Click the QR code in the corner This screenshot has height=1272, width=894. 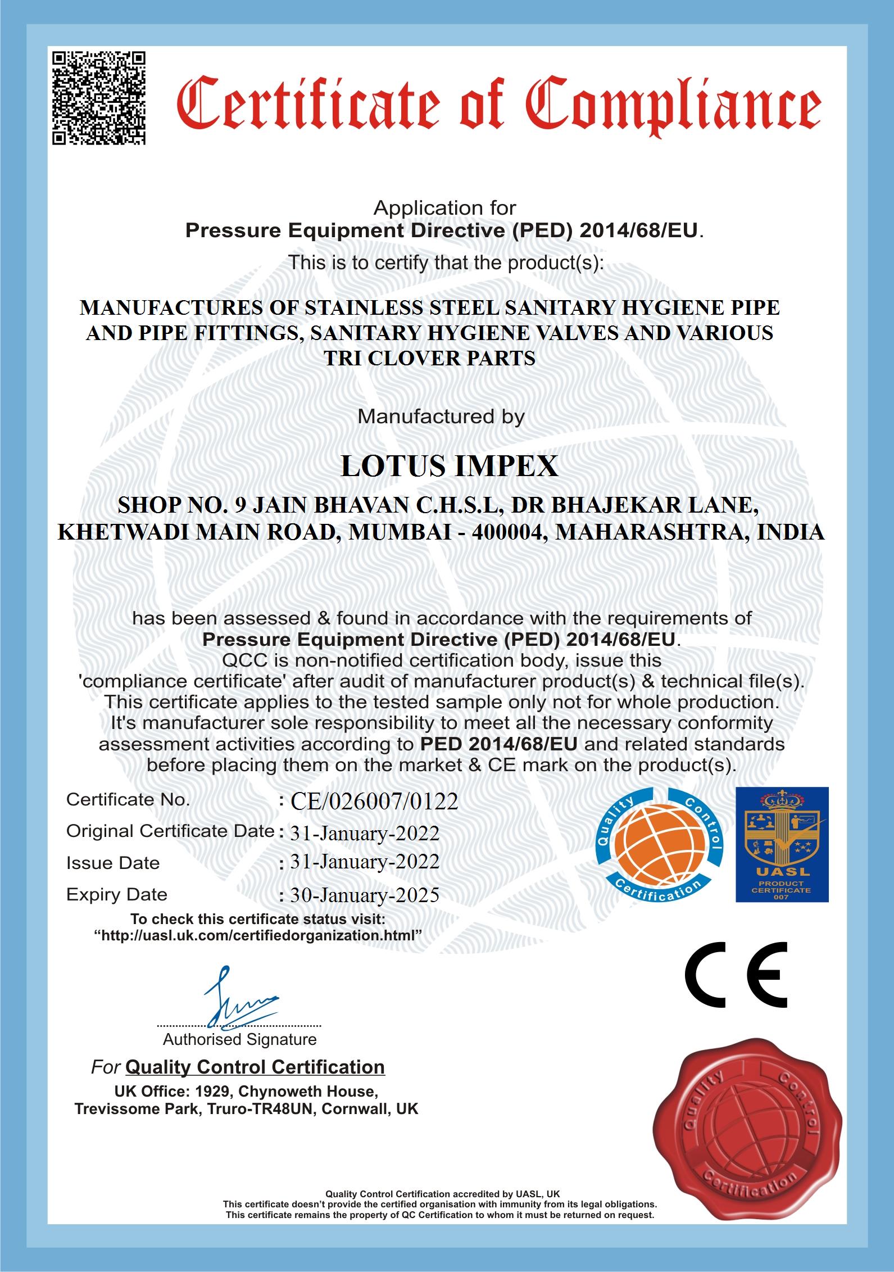tap(99, 98)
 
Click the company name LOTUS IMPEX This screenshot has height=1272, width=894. tap(450, 466)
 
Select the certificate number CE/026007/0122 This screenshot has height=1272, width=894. tap(374, 802)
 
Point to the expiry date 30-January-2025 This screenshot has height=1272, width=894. tap(364, 895)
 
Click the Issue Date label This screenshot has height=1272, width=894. tap(113, 863)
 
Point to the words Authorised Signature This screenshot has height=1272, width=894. tap(240, 1039)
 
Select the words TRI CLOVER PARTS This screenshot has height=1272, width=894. tap(430, 359)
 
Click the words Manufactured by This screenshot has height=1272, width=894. tap(441, 417)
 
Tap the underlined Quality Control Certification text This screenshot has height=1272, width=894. tap(255, 1067)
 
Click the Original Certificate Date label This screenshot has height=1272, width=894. tap(170, 831)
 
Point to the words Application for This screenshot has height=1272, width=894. tap(444, 208)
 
